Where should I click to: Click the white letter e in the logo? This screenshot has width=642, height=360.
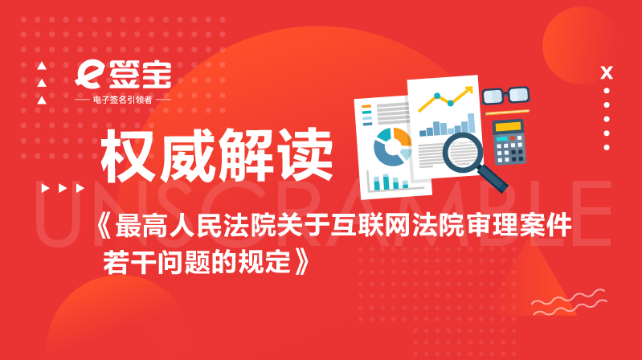pyautogui.click(x=88, y=75)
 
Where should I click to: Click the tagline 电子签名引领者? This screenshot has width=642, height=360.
pyautogui.click(x=123, y=100)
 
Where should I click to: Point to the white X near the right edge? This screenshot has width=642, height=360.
pyautogui.click(x=607, y=73)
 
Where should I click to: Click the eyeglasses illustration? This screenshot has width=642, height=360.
pyautogui.click(x=506, y=96)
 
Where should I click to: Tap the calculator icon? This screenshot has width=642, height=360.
pyautogui.click(x=509, y=141)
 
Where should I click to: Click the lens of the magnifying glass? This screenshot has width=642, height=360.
pyautogui.click(x=463, y=152)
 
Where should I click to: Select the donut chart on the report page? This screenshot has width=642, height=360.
pyautogui.click(x=393, y=146)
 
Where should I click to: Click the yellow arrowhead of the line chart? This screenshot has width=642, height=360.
pyautogui.click(x=468, y=90)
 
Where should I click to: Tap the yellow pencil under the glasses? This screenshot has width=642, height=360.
pyautogui.click(x=507, y=112)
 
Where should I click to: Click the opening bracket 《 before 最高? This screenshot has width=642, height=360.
pyautogui.click(x=104, y=225)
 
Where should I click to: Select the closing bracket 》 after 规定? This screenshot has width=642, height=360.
pyautogui.click(x=302, y=262)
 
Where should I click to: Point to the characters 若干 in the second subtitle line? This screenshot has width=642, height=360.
pyautogui.click(x=129, y=262)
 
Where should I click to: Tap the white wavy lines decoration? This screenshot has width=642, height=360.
pyautogui.click(x=569, y=302)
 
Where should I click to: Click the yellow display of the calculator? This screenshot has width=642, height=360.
pyautogui.click(x=508, y=127)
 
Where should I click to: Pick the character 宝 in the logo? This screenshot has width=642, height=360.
pyautogui.click(x=157, y=75)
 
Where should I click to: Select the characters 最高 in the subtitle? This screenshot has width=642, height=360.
pyautogui.click(x=141, y=225)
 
